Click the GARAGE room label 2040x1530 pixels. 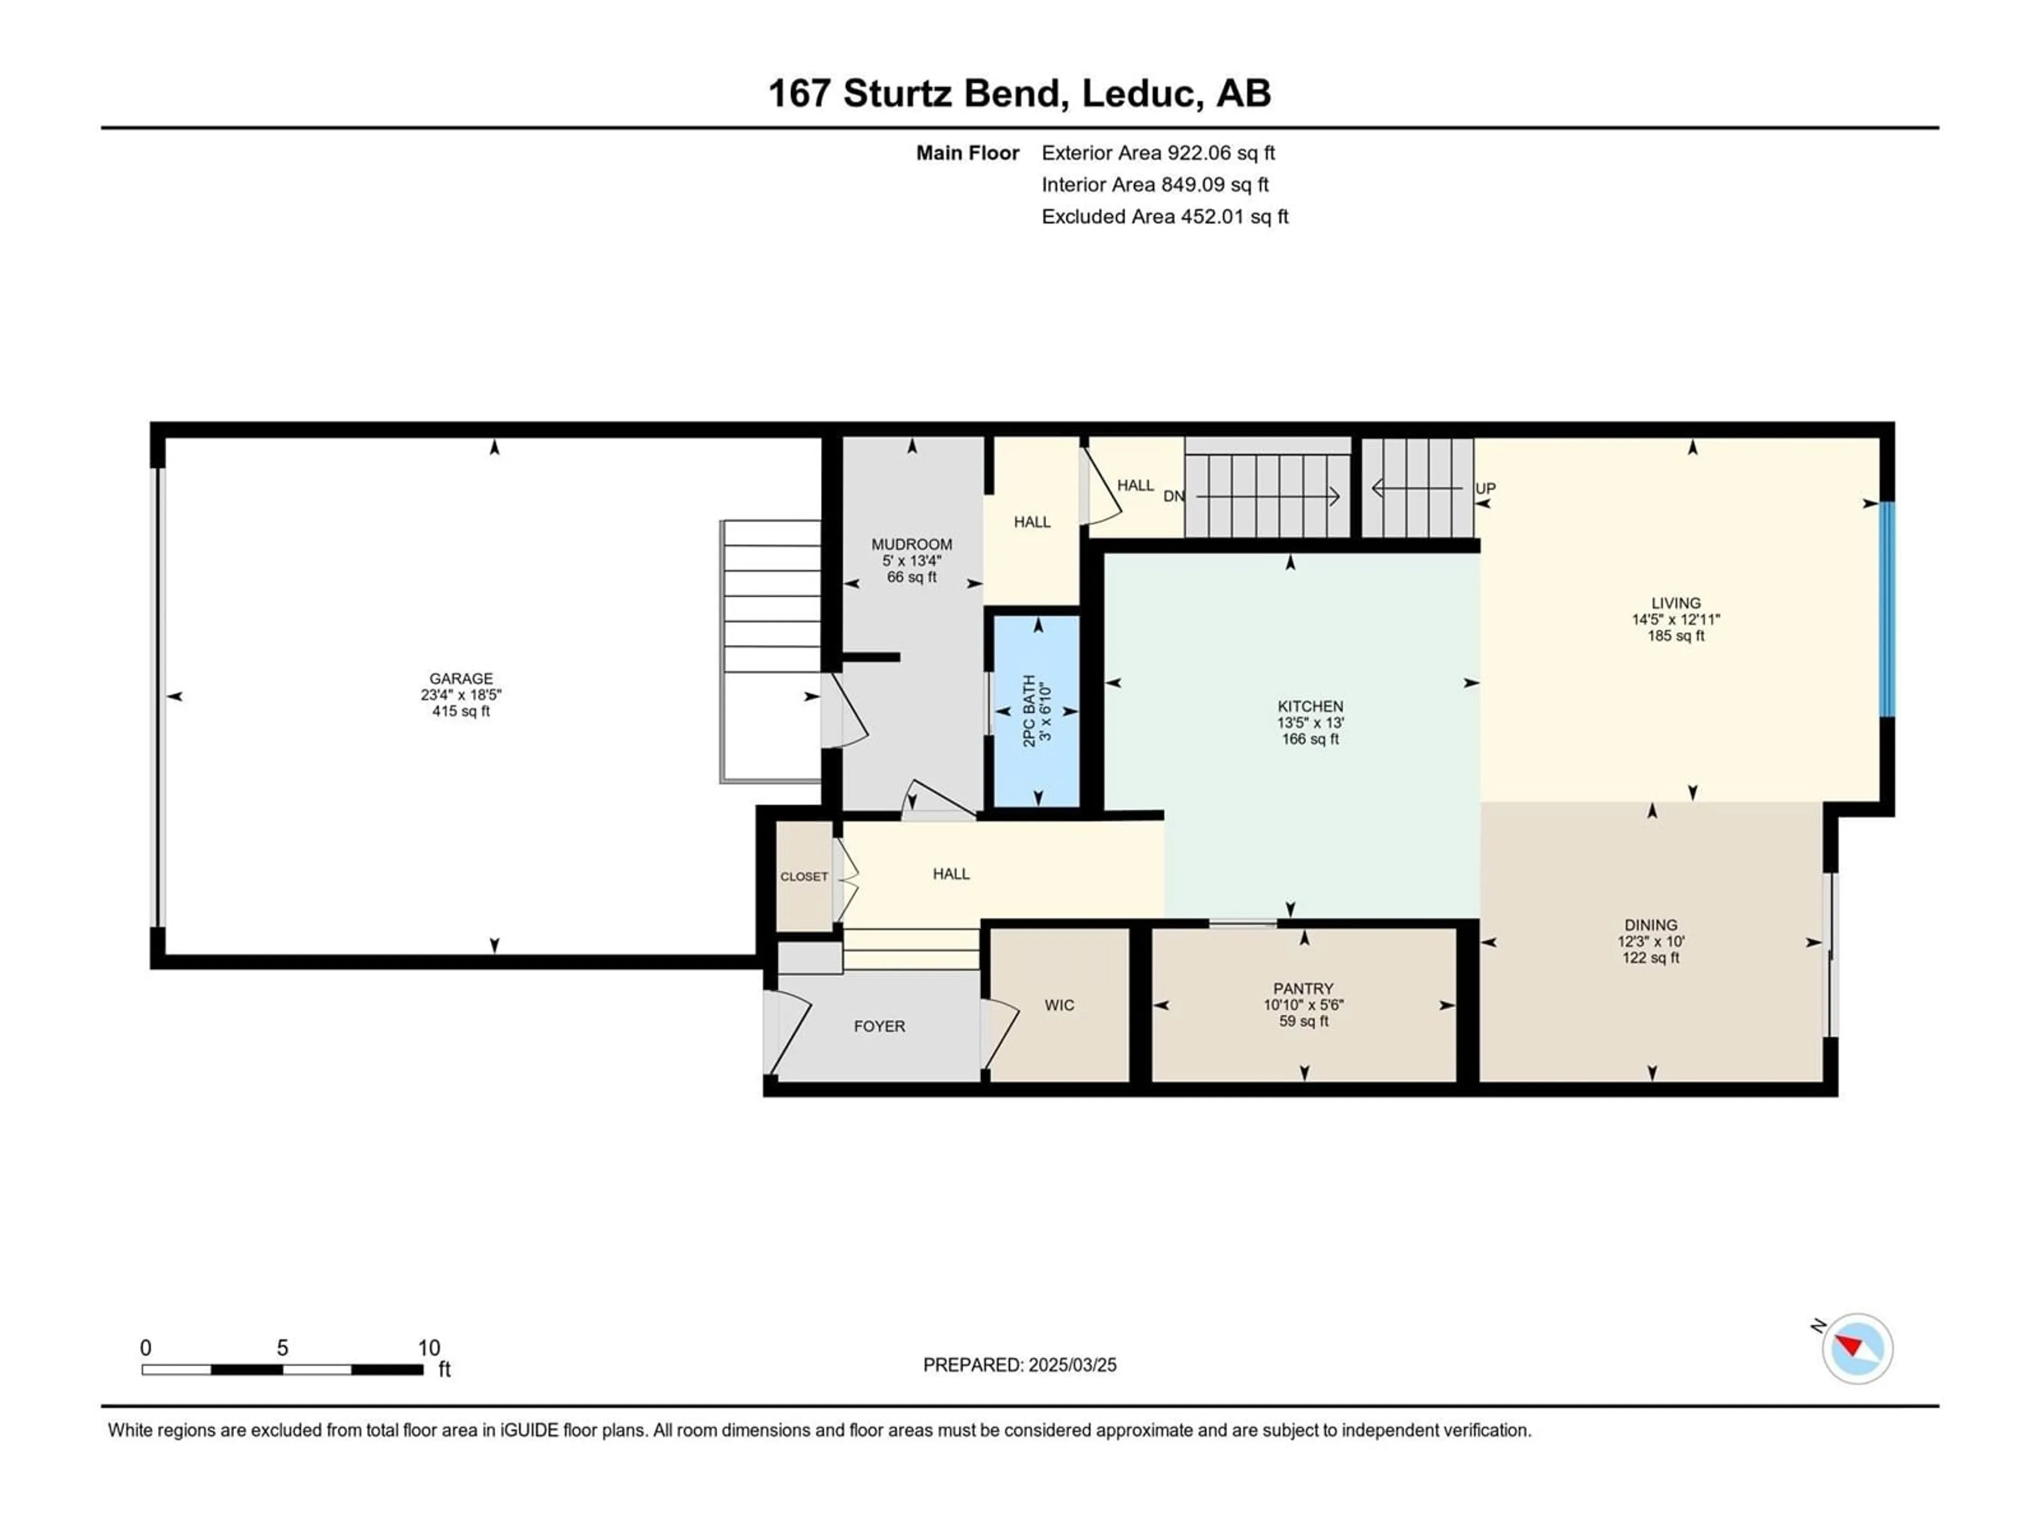[461, 678]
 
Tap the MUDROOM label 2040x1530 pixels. [912, 544]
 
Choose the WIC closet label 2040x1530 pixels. [1060, 1005]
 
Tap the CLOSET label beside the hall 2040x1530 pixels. [804, 876]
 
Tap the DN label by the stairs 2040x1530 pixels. [1174, 496]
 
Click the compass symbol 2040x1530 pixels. [1857, 1348]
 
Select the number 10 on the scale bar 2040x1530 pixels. [429, 1347]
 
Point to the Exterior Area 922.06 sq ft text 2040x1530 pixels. [1158, 153]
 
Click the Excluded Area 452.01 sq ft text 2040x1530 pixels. [1165, 217]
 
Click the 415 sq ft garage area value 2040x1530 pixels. [461, 711]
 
